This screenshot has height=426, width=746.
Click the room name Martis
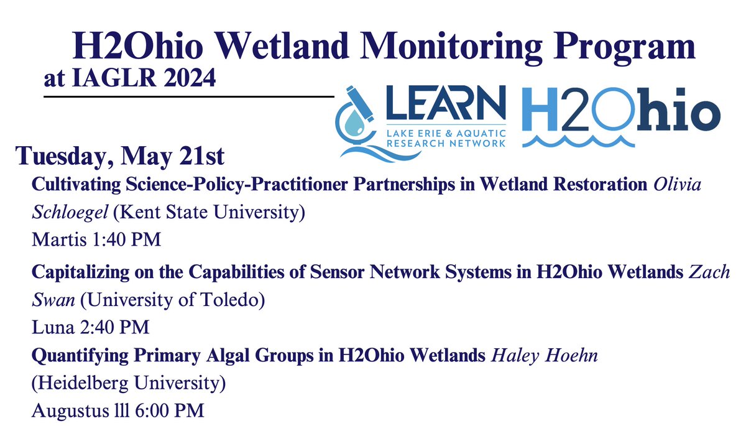click(52, 239)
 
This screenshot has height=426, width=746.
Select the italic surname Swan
click(49, 300)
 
